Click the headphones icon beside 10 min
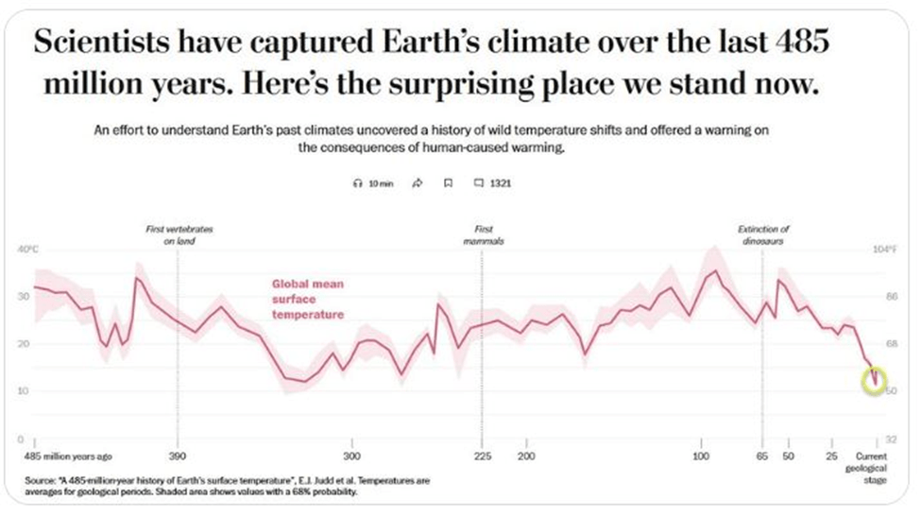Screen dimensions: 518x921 (x=356, y=183)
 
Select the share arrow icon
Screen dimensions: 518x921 (x=417, y=183)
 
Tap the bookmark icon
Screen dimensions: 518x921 (x=449, y=183)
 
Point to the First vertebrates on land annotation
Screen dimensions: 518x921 (x=177, y=234)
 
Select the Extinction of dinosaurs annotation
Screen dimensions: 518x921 (x=763, y=234)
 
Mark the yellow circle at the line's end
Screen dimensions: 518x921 (x=875, y=380)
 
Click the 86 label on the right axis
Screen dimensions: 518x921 (x=889, y=296)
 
